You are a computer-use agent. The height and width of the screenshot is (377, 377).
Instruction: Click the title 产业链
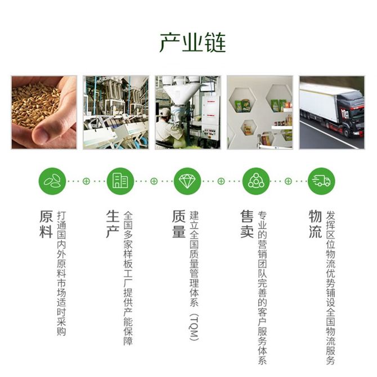[x=192, y=43]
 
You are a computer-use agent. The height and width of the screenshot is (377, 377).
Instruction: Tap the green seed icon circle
[x=52, y=181]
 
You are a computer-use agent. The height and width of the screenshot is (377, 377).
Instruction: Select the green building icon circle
[x=120, y=181]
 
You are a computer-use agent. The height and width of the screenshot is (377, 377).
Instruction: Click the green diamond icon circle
[x=187, y=181]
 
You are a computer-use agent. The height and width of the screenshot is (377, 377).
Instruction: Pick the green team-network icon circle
[x=256, y=181]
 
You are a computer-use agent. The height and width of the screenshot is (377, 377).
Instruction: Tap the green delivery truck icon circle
[x=321, y=181]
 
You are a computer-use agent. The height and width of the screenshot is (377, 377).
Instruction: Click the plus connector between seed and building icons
[x=86, y=181]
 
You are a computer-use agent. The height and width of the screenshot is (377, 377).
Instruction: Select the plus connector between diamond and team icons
[x=221, y=181]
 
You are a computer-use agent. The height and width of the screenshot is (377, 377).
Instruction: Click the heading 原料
[x=46, y=224]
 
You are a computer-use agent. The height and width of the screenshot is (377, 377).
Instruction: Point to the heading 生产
[x=113, y=224]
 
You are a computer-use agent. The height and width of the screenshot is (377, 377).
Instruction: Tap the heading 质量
[x=179, y=224]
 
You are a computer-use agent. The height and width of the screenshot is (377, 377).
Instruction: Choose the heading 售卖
[x=247, y=224]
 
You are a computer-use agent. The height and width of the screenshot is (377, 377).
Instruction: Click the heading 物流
[x=315, y=224]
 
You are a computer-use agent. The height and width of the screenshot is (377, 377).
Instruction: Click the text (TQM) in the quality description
[x=194, y=327]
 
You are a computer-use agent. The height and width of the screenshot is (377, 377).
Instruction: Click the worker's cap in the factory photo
[x=165, y=113]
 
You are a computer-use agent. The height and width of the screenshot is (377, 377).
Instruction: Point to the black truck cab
[x=351, y=115]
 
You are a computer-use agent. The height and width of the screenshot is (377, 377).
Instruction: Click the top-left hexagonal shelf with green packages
[x=243, y=100]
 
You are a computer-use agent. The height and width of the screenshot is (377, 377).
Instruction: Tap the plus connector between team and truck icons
[x=288, y=181]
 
